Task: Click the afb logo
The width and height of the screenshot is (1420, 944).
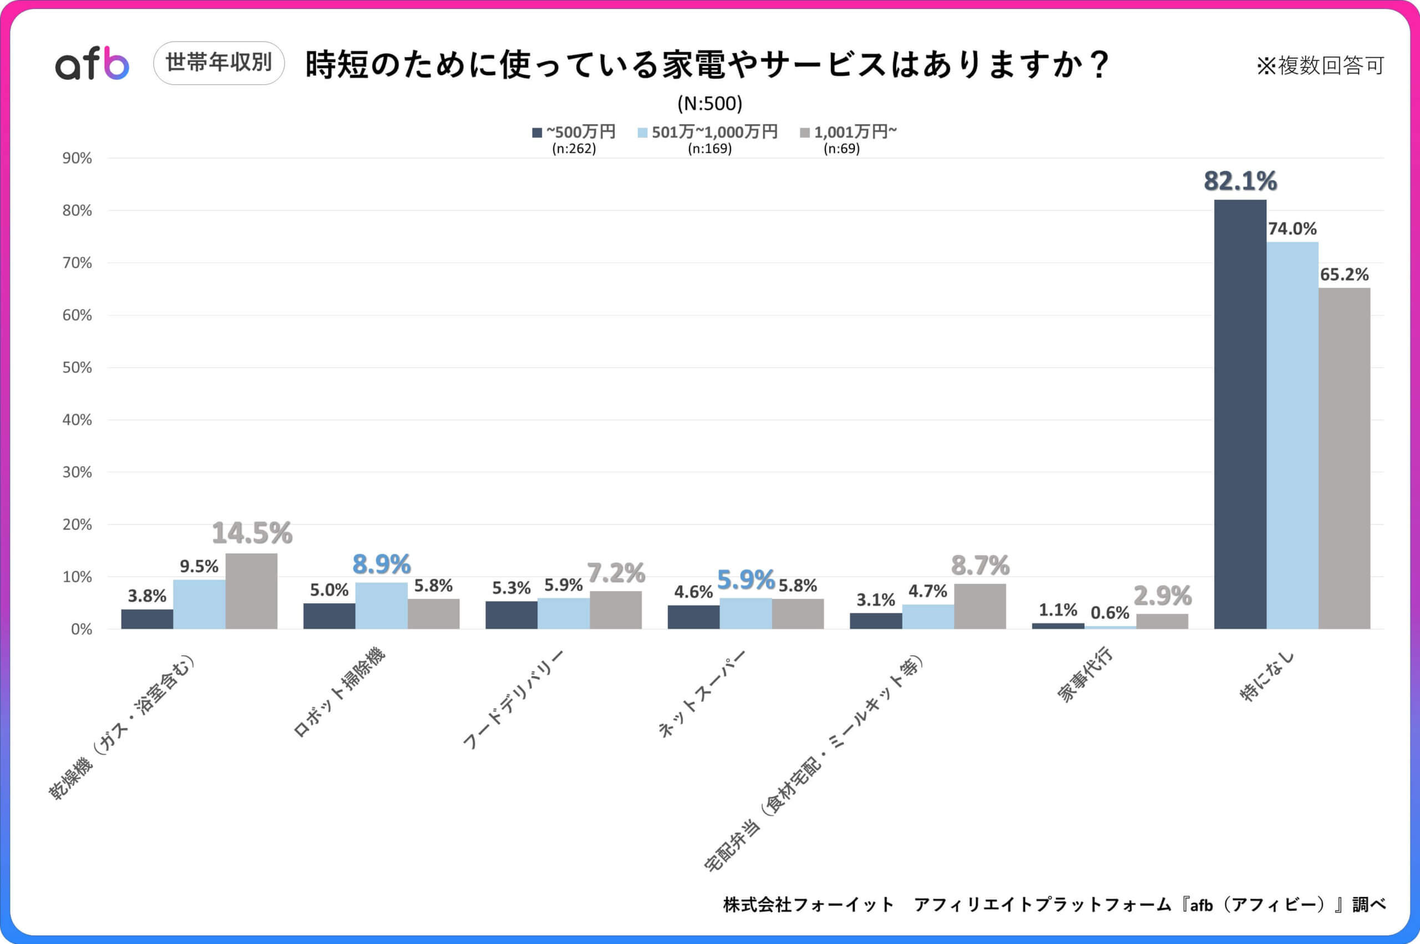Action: point(92,64)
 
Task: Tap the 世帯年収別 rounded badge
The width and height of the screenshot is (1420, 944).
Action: point(219,63)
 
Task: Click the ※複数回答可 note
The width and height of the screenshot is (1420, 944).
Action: point(1320,65)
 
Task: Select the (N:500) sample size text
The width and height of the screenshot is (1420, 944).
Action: point(709,104)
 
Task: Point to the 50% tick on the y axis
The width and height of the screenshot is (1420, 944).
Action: point(77,368)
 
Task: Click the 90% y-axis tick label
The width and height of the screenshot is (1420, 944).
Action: point(77,158)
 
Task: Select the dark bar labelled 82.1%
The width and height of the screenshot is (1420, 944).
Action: point(1240,416)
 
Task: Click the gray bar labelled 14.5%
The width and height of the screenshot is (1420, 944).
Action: point(251,592)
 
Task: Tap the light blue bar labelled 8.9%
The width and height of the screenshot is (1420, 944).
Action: point(381,606)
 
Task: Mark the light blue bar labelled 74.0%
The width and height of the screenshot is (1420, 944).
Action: point(1292,436)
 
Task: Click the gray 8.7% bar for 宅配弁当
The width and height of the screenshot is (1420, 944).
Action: point(980,607)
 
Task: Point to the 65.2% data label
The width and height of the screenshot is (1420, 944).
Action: point(1343,275)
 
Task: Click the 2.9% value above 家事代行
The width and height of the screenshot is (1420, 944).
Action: point(1162,597)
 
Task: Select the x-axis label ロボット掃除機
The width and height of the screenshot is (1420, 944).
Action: point(339,693)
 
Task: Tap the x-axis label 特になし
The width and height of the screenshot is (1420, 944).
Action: point(1266,675)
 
